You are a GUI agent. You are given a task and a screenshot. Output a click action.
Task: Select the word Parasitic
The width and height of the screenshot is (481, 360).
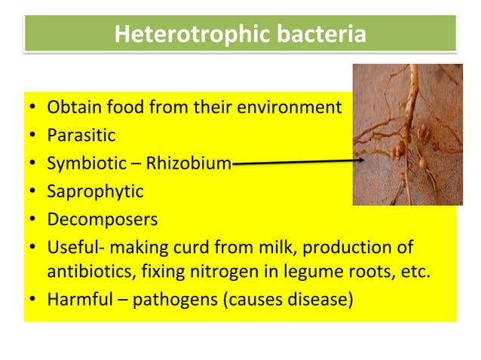point(81,136)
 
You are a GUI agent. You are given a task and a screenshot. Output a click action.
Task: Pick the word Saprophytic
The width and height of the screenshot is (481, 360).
point(95,191)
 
